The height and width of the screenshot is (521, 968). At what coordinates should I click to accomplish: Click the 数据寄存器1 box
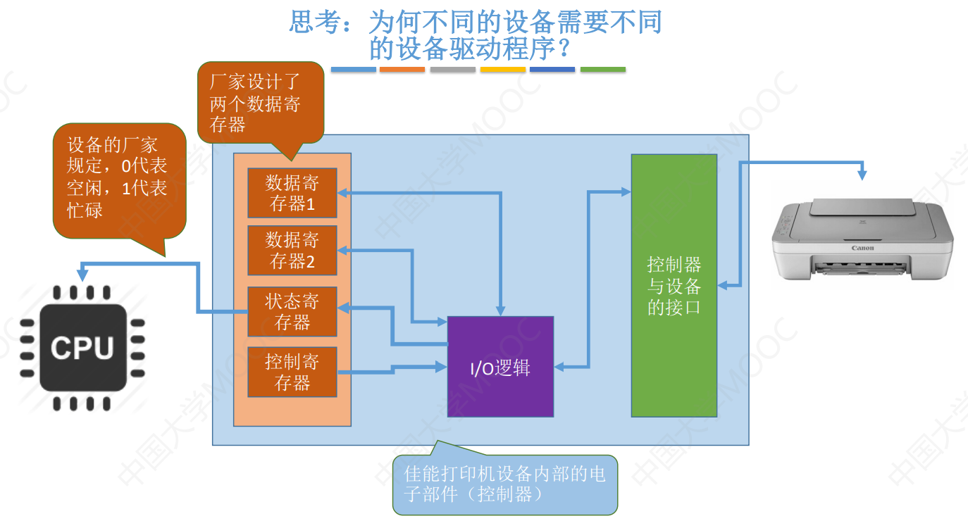pos(292,193)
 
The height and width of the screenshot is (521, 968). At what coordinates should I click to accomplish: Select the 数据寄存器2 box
pos(292,251)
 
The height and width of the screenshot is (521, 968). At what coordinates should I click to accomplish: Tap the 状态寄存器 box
pos(292,311)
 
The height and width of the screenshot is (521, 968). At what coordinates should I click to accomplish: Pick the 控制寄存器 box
pos(292,372)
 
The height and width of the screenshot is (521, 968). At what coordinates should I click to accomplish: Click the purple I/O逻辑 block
pos(500,367)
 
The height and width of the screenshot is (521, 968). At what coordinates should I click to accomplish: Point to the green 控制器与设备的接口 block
pos(674,285)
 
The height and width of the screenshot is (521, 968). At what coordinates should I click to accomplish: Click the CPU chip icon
pos(83,348)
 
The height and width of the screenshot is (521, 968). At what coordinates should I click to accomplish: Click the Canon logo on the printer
pos(862,248)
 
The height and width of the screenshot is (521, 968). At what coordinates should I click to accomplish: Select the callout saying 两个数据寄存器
pos(259,103)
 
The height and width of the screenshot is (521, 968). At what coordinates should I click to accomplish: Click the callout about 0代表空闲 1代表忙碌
pos(118,179)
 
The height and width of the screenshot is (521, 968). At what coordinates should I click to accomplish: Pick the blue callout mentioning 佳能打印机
pos(504,484)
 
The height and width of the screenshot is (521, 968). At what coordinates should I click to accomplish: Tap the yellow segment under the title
pos(503,70)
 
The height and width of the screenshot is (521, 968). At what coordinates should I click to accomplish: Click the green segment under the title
pos(602,70)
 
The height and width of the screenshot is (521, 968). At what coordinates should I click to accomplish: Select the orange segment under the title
pos(402,70)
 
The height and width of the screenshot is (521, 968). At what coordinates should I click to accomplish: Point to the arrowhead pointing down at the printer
pos(862,174)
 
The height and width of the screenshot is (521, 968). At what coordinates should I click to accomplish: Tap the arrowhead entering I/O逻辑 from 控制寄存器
pos(442,366)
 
